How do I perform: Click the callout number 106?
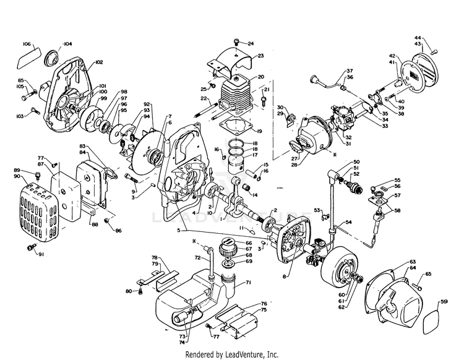pos(27,44)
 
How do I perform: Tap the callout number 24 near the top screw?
pos(251,44)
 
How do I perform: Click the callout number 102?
pos(99,62)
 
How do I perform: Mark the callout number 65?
pos(427,273)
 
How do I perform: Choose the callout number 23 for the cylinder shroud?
pos(260,56)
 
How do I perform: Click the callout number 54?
pos(348,221)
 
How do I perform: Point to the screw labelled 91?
pos(29,247)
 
